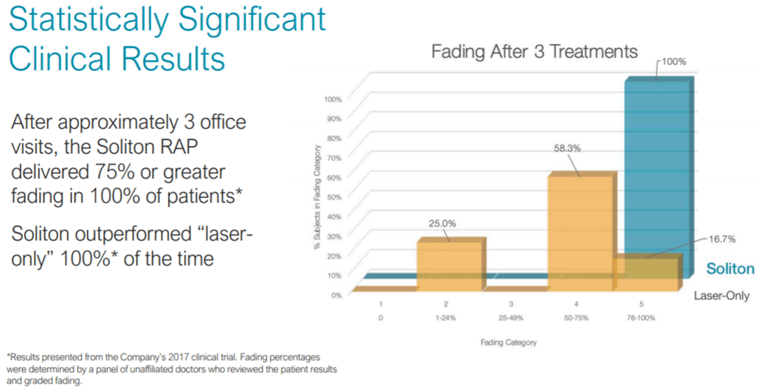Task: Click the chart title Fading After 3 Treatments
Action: click(535, 52)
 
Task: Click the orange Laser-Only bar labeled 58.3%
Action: click(579, 228)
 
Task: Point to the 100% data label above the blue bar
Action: click(673, 62)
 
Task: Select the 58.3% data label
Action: click(567, 149)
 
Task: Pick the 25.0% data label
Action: click(442, 223)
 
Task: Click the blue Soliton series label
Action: click(730, 269)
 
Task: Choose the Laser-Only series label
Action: click(721, 295)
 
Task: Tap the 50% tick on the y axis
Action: click(334, 196)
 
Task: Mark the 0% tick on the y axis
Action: click(336, 293)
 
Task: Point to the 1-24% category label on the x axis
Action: click(445, 318)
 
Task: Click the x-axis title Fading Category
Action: click(508, 343)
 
